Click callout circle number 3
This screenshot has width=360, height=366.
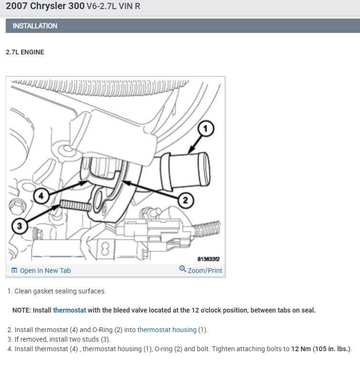(19, 227)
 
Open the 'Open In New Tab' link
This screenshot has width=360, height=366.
(45, 271)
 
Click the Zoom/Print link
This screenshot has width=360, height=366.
(205, 271)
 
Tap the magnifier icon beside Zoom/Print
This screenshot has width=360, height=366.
(183, 270)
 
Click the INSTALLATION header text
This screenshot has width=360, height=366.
(35, 26)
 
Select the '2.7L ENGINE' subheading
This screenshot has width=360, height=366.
(25, 52)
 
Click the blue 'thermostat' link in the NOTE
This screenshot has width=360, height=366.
(70, 310)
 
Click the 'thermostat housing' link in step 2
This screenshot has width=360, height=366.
(167, 330)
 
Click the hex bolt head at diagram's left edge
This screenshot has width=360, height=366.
(15, 208)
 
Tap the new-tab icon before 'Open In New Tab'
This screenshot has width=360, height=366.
(14, 271)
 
